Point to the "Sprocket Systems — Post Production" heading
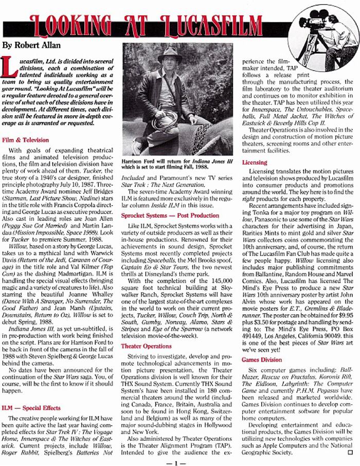(170, 215)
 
